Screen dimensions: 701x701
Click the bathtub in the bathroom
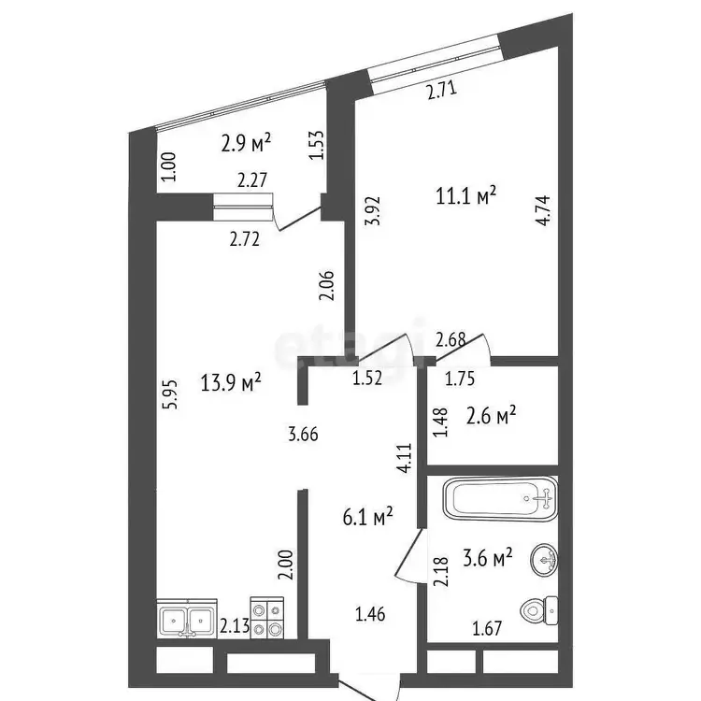(500, 499)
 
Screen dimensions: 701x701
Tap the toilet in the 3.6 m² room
(539, 610)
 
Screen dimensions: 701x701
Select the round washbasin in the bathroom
(544, 559)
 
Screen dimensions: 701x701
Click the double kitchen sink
(187, 619)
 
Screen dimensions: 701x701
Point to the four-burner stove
(267, 618)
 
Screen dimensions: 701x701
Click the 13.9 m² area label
(230, 382)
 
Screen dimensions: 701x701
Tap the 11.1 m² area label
(465, 196)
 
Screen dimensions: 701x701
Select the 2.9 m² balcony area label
(246, 143)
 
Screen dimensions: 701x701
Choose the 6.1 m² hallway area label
(367, 517)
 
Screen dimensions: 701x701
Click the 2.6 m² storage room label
(491, 416)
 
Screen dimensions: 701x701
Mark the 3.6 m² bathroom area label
(487, 558)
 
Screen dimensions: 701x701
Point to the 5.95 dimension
(172, 393)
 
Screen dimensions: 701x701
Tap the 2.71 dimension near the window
(442, 91)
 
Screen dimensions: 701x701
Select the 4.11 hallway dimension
(405, 458)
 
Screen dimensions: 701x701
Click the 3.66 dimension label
(303, 434)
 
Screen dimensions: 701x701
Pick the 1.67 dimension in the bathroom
(487, 629)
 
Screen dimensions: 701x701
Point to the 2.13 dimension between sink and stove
(235, 626)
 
